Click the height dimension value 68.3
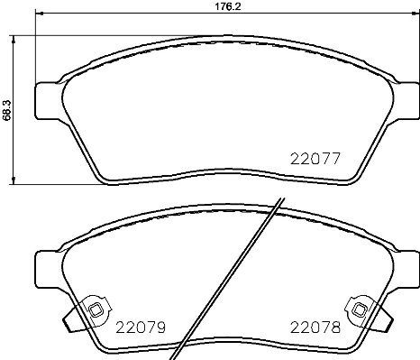8,107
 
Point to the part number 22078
315,328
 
